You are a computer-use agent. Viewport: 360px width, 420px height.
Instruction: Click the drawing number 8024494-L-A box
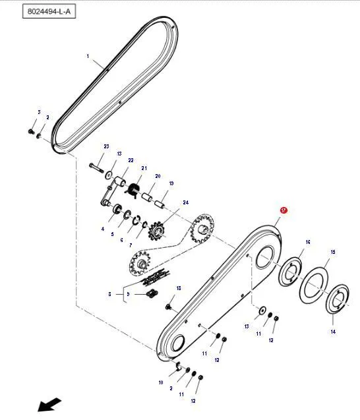click(49, 12)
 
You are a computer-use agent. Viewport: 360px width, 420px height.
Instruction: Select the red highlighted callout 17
click(284, 210)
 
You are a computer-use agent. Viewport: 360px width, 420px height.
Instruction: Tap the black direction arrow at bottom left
click(49, 404)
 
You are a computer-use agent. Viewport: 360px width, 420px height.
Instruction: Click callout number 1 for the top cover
click(88, 56)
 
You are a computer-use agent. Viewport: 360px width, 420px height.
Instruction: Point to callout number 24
click(186, 202)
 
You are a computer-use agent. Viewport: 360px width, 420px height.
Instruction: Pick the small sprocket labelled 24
click(156, 229)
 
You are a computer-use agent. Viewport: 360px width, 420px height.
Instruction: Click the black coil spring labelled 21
click(133, 189)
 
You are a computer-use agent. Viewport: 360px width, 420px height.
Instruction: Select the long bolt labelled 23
click(96, 167)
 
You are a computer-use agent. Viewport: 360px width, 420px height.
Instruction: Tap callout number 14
click(333, 332)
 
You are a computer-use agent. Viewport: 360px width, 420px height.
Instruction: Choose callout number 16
click(308, 242)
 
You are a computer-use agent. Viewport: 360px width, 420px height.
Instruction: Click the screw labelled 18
click(169, 307)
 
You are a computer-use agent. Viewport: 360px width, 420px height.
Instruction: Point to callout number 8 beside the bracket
click(109, 294)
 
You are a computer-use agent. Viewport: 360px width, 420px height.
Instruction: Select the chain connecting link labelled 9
click(152, 293)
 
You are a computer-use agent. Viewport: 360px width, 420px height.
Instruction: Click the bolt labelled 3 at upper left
click(31, 131)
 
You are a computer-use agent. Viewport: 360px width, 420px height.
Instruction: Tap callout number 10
click(161, 382)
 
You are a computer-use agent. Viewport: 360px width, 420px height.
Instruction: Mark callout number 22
click(131, 160)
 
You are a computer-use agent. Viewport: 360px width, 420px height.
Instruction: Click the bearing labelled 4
click(117, 208)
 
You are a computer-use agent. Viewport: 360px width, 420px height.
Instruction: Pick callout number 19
click(171, 183)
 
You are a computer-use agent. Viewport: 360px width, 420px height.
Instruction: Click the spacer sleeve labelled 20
click(147, 198)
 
